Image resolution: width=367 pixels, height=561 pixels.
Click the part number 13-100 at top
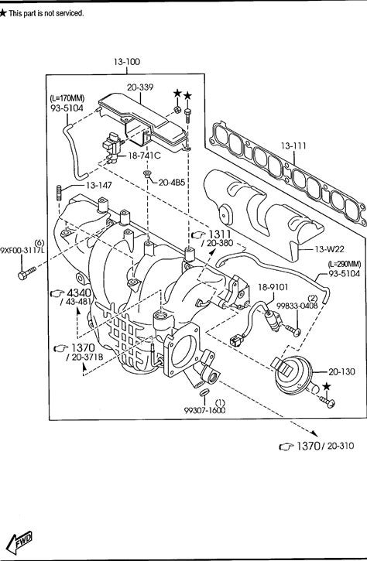[x=127, y=62]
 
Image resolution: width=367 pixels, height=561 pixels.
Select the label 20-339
[x=140, y=87]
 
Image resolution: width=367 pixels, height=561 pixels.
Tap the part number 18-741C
[x=144, y=156]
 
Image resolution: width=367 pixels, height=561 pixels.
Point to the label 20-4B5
[x=172, y=183]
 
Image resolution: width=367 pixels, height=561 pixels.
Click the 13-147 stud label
[x=99, y=186]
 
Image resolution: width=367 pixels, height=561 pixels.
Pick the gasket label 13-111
[x=293, y=146]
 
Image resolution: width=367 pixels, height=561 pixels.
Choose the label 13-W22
[x=329, y=249]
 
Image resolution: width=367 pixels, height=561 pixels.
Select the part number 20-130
[x=341, y=372]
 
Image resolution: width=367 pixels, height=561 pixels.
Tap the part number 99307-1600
[x=205, y=410]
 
